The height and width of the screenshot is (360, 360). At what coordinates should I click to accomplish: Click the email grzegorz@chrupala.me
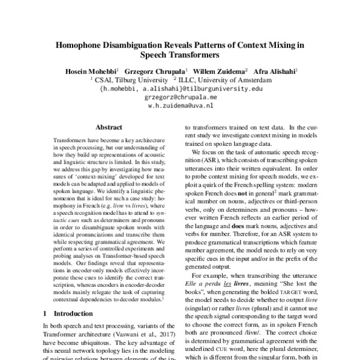point(181,96)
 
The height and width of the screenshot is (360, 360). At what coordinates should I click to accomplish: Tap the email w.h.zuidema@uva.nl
point(181,104)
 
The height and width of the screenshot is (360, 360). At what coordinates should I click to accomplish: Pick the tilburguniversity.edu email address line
point(181,88)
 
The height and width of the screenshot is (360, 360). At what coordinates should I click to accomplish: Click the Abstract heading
point(109,127)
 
